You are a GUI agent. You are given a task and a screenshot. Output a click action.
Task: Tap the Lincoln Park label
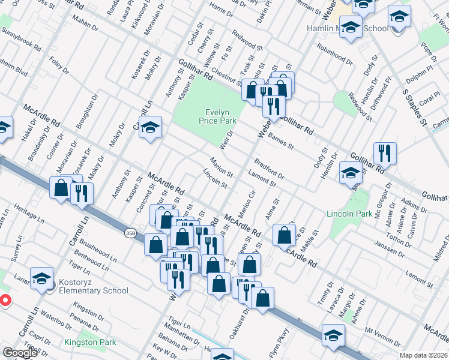349,214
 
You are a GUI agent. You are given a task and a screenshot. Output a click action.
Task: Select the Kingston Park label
89,343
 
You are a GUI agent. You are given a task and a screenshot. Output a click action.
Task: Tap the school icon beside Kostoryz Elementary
41,279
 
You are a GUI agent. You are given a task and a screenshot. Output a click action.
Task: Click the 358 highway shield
130,232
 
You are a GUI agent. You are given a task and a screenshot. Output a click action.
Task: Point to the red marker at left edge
4,300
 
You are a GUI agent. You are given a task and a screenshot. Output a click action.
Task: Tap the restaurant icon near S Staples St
384,153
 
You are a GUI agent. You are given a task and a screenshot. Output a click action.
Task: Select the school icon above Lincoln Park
350,173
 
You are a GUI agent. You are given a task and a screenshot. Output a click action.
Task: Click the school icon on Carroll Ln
150,127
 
